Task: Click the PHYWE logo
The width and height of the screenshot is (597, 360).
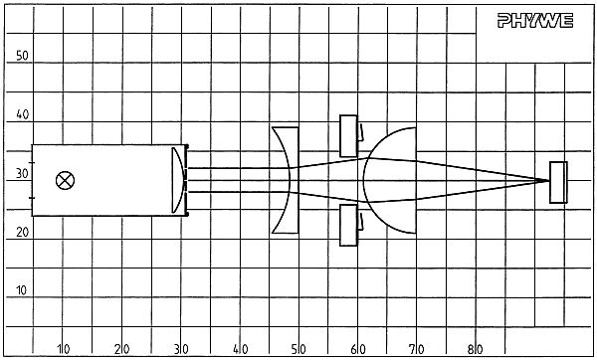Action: click(535, 21)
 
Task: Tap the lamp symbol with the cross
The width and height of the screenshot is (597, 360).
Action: click(65, 180)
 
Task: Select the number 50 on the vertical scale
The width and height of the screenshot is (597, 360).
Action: click(22, 56)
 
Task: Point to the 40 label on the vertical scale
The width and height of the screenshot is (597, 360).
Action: click(22, 114)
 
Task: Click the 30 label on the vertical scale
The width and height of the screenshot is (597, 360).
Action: click(22, 173)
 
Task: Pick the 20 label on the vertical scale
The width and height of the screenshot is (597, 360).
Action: click(22, 232)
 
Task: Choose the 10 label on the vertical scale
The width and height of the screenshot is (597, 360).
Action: click(21, 290)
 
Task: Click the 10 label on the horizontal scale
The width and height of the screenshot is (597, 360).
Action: click(64, 349)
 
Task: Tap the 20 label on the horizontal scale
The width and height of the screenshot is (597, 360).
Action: click(122, 349)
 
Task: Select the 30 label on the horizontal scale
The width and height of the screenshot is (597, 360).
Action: click(181, 349)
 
